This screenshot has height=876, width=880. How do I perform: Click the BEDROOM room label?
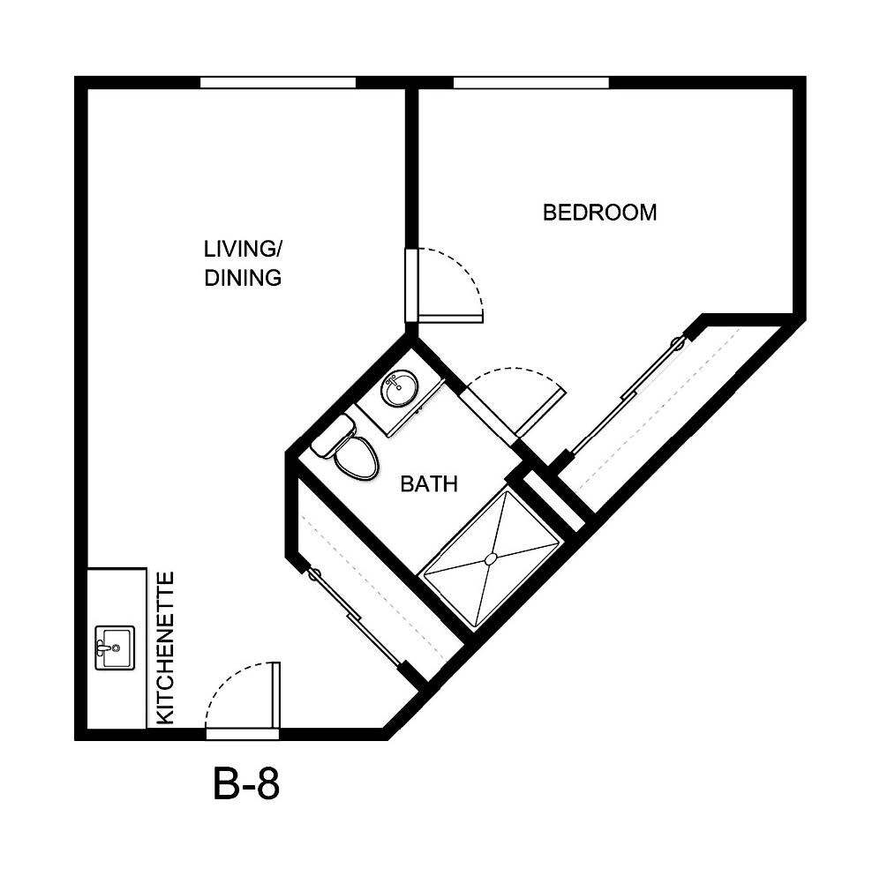(599, 213)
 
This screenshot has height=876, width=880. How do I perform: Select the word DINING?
(243, 278)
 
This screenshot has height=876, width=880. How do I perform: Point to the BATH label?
(429, 483)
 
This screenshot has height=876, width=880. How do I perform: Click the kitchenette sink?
(114, 648)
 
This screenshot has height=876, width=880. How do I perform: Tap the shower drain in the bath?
(492, 558)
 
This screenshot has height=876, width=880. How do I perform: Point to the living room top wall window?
(277, 83)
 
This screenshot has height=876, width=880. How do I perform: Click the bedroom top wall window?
(530, 83)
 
